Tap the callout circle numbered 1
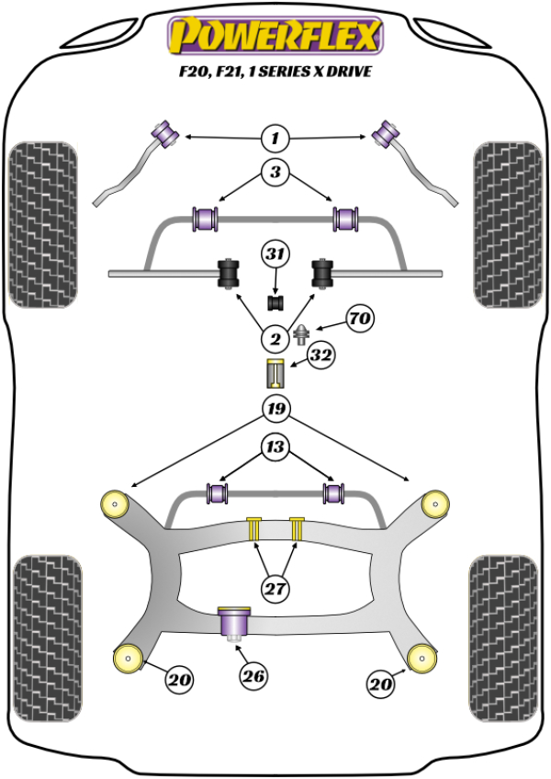point(274,140)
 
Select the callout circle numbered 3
point(274,172)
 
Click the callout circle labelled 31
point(274,254)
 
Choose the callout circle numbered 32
point(320,356)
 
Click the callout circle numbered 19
point(274,409)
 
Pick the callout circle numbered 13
point(274,447)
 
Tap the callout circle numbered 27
point(274,589)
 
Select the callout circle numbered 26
point(253,677)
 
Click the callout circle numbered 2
point(274,339)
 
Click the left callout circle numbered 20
point(179,681)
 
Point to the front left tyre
point(41,223)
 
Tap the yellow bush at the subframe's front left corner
point(117,502)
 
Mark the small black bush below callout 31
point(274,301)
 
